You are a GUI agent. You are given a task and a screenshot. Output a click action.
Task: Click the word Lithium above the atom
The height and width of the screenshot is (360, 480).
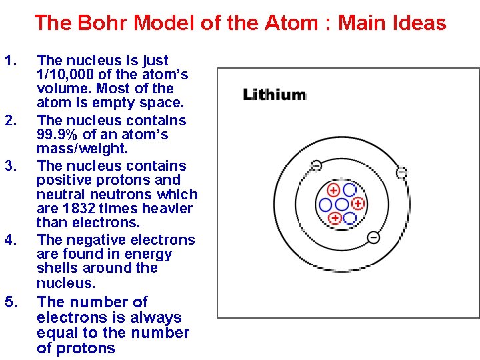tap(275, 95)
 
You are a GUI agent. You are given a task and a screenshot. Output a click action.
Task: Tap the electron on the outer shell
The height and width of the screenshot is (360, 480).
tap(401, 172)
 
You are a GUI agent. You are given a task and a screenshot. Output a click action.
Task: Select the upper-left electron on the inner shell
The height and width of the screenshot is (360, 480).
tap(316, 165)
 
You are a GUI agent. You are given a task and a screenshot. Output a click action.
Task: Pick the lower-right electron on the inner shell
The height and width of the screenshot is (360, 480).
tap(374, 237)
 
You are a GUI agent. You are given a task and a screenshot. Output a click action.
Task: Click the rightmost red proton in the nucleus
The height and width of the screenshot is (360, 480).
tap(357, 203)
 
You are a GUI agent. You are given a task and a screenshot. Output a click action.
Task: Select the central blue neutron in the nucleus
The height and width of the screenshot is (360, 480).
tap(341, 204)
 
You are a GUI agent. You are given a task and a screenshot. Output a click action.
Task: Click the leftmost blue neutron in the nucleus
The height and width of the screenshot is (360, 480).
tap(326, 204)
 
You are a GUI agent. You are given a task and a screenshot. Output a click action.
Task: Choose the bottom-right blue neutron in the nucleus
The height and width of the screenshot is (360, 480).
tap(349, 217)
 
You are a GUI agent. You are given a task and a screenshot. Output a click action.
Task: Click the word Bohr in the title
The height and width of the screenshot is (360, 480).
tap(107, 23)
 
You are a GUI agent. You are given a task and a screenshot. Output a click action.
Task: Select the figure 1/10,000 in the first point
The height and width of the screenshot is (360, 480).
tap(71, 75)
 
